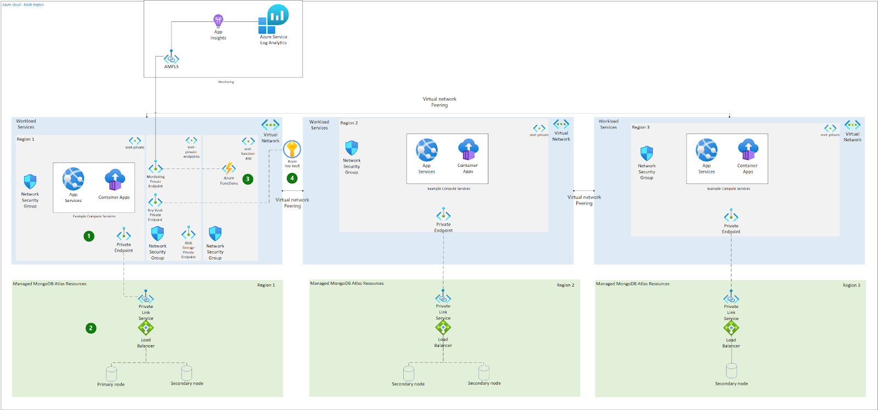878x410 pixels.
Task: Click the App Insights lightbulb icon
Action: (218, 21)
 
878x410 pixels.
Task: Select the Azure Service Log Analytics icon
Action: (274, 20)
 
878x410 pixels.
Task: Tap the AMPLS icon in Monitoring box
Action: (171, 59)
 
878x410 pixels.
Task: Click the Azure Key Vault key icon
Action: (292, 149)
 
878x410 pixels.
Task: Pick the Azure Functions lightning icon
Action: (229, 169)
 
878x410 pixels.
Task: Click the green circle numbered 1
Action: (89, 236)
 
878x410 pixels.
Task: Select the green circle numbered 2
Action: (91, 328)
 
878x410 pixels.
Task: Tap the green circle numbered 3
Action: (248, 179)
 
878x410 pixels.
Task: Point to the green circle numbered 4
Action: (292, 178)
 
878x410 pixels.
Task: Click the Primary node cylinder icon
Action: (111, 374)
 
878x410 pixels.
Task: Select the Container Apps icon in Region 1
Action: (115, 180)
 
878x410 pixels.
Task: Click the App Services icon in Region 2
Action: (426, 150)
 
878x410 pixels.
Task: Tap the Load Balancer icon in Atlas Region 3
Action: (731, 328)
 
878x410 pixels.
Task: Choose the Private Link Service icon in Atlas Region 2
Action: (443, 298)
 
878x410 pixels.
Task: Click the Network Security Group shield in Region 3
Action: (647, 153)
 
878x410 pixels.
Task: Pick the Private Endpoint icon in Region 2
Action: (443, 215)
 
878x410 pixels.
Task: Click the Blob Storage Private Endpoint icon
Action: (188, 233)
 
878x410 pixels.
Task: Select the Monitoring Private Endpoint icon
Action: (155, 169)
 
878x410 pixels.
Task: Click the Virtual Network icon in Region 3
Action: (852, 125)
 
